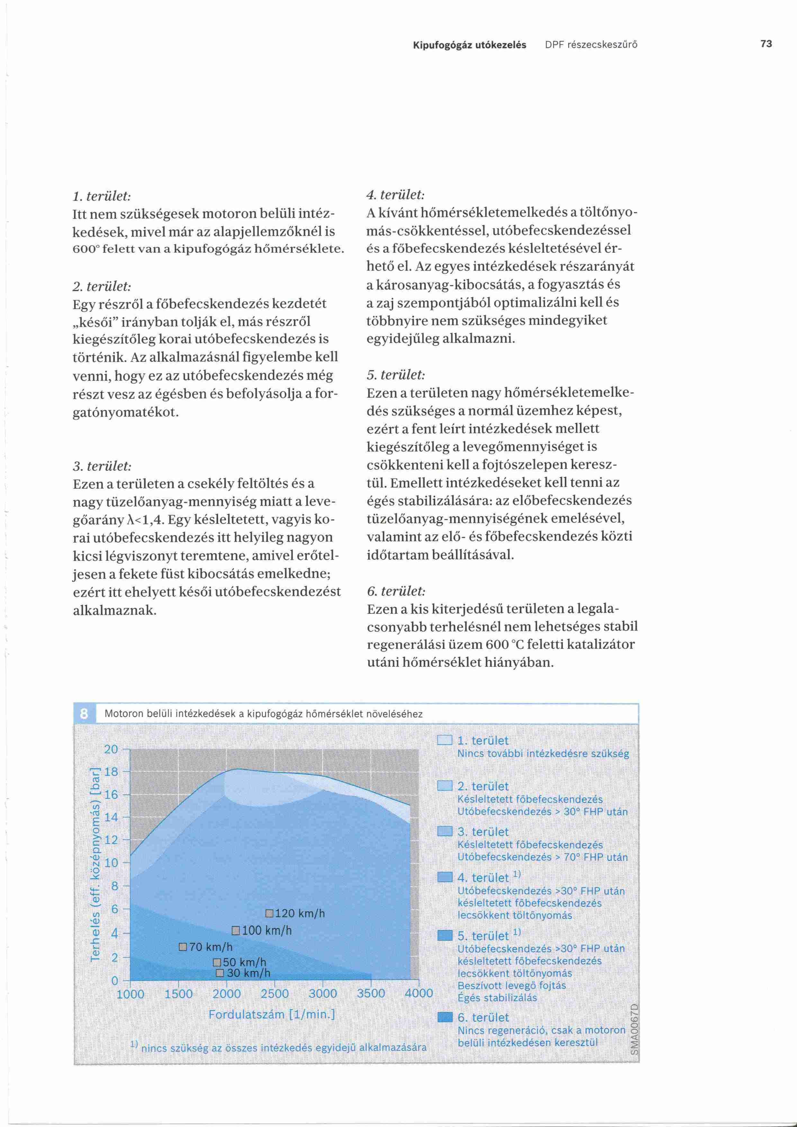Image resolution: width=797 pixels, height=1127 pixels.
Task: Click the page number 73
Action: pyautogui.click(x=766, y=44)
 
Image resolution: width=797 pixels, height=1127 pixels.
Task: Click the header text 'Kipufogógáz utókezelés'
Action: pyautogui.click(x=469, y=45)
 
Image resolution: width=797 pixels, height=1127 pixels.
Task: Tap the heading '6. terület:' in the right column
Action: pyautogui.click(x=396, y=591)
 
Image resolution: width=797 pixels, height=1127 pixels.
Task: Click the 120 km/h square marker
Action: pyautogui.click(x=269, y=914)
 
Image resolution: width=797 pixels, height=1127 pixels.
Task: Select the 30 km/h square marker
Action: pyautogui.click(x=220, y=973)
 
